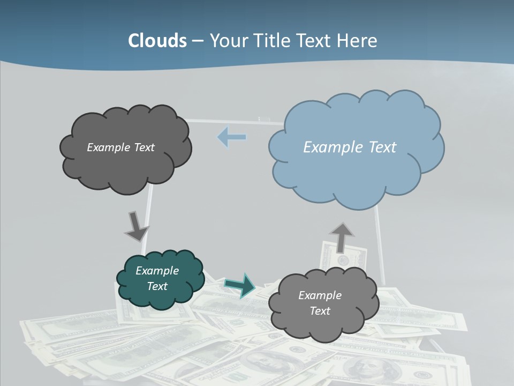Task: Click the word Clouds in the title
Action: (x=157, y=41)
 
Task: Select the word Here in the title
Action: (x=357, y=41)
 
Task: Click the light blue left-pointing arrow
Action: (x=232, y=137)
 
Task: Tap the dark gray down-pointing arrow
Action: (x=136, y=226)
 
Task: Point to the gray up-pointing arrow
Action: (x=341, y=237)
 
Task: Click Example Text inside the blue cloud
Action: (x=350, y=147)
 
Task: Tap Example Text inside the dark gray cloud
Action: (x=120, y=147)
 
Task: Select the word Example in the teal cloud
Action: (x=157, y=271)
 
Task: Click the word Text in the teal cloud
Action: (x=157, y=286)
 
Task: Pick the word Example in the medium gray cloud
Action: (x=320, y=295)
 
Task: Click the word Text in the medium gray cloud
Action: (x=320, y=311)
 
